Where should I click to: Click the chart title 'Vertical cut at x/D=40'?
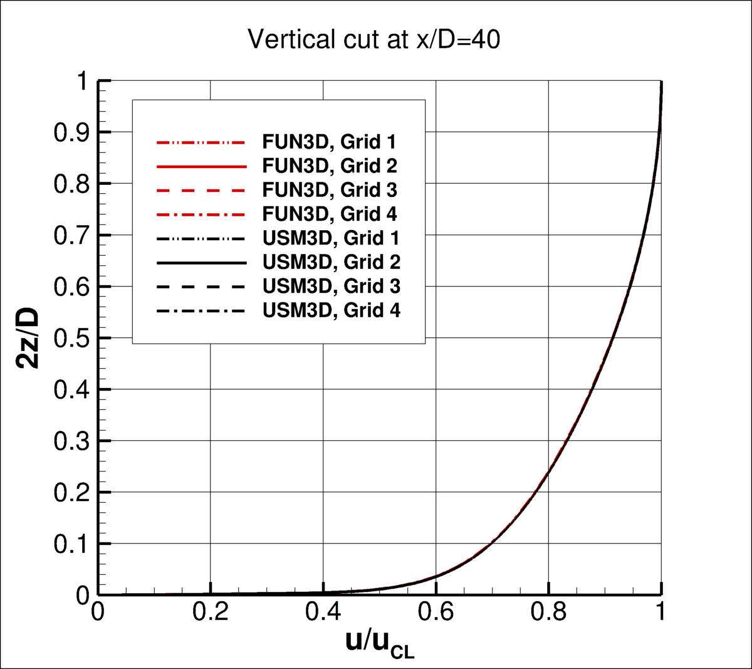pos(374,40)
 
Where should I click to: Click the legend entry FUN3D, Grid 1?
pos(330,142)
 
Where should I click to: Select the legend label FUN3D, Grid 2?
pos(330,166)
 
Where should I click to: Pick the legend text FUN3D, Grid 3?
pos(330,189)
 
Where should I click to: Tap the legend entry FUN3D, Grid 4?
pos(330,214)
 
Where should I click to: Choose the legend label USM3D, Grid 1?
pos(331,238)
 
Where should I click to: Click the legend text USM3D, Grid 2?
pos(331,261)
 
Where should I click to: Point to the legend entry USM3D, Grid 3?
pos(331,286)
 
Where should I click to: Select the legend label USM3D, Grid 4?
pos(331,310)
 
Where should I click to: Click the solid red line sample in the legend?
pos(200,166)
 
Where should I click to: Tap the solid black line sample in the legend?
pos(200,262)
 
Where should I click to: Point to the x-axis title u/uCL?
pos(380,643)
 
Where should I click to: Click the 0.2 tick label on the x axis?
pos(210,612)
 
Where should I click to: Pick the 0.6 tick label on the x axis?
pos(436,612)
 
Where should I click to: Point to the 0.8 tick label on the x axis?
pos(548,612)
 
